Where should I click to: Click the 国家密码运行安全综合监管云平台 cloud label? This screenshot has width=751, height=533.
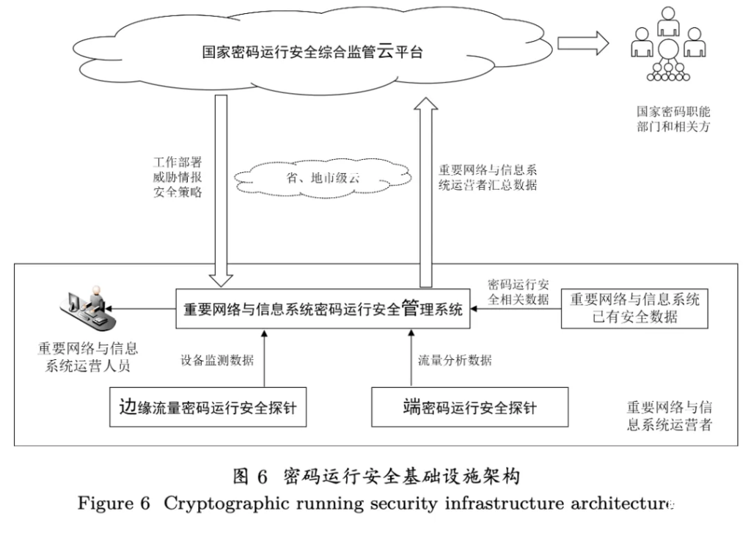[312, 52]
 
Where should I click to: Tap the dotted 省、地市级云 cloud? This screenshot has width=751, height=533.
[323, 178]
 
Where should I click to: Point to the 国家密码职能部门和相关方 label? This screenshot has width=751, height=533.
[673, 119]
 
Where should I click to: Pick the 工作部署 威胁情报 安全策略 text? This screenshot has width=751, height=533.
[177, 177]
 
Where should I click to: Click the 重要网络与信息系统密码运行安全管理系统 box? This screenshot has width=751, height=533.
[323, 309]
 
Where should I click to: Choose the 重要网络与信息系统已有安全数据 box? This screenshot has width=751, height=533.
[634, 308]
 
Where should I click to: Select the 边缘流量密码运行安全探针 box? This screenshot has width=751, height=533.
[208, 406]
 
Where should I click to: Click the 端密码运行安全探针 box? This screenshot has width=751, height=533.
[470, 406]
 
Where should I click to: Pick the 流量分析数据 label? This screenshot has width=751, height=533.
[455, 360]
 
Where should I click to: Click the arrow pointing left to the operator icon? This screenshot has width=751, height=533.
[147, 309]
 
